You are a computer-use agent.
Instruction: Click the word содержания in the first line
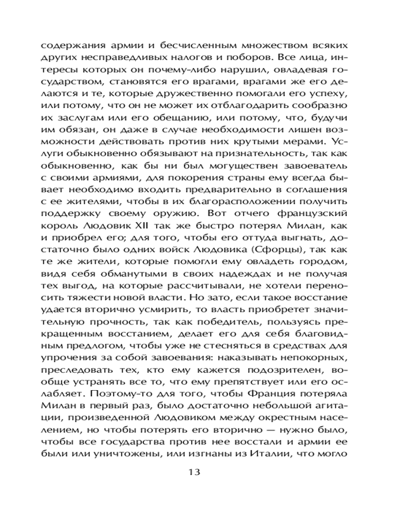pyautogui.click(x=69, y=44)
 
